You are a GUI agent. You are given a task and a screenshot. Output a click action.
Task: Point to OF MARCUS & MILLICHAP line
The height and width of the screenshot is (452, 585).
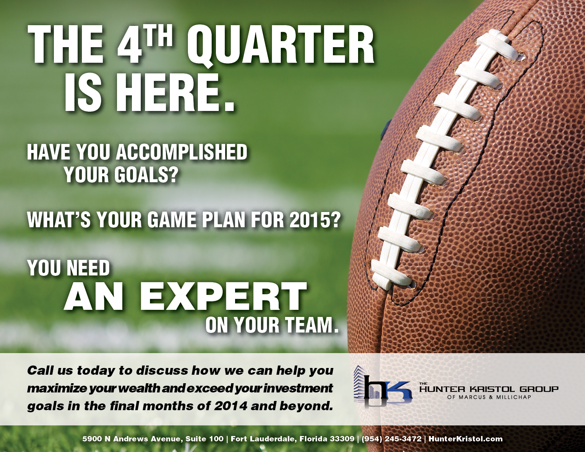489,397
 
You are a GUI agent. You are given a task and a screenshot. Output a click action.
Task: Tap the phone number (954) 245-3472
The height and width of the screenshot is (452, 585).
391,439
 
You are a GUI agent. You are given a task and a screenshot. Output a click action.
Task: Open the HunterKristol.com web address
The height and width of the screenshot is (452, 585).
466,439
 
